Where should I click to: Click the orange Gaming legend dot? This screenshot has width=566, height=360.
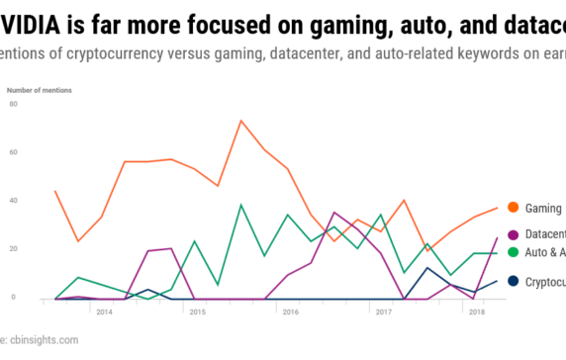[513, 208]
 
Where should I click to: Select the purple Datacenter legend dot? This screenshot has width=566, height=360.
[513, 234]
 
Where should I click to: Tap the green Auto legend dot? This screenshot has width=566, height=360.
[513, 253]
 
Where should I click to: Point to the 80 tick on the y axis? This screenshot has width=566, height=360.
[13, 103]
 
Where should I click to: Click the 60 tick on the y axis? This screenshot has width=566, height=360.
[13, 151]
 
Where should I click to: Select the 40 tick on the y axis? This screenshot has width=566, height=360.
[13, 200]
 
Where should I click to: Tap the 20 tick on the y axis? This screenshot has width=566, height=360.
[13, 248]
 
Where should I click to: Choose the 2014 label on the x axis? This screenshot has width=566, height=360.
[103, 312]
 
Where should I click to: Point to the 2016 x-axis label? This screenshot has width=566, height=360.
[289, 312]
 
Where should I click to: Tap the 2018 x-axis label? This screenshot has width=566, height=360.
[475, 312]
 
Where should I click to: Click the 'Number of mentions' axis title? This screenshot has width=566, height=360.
[41, 88]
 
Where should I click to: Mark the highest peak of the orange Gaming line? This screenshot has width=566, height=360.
[240, 121]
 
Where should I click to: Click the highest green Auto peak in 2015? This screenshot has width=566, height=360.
[240, 205]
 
